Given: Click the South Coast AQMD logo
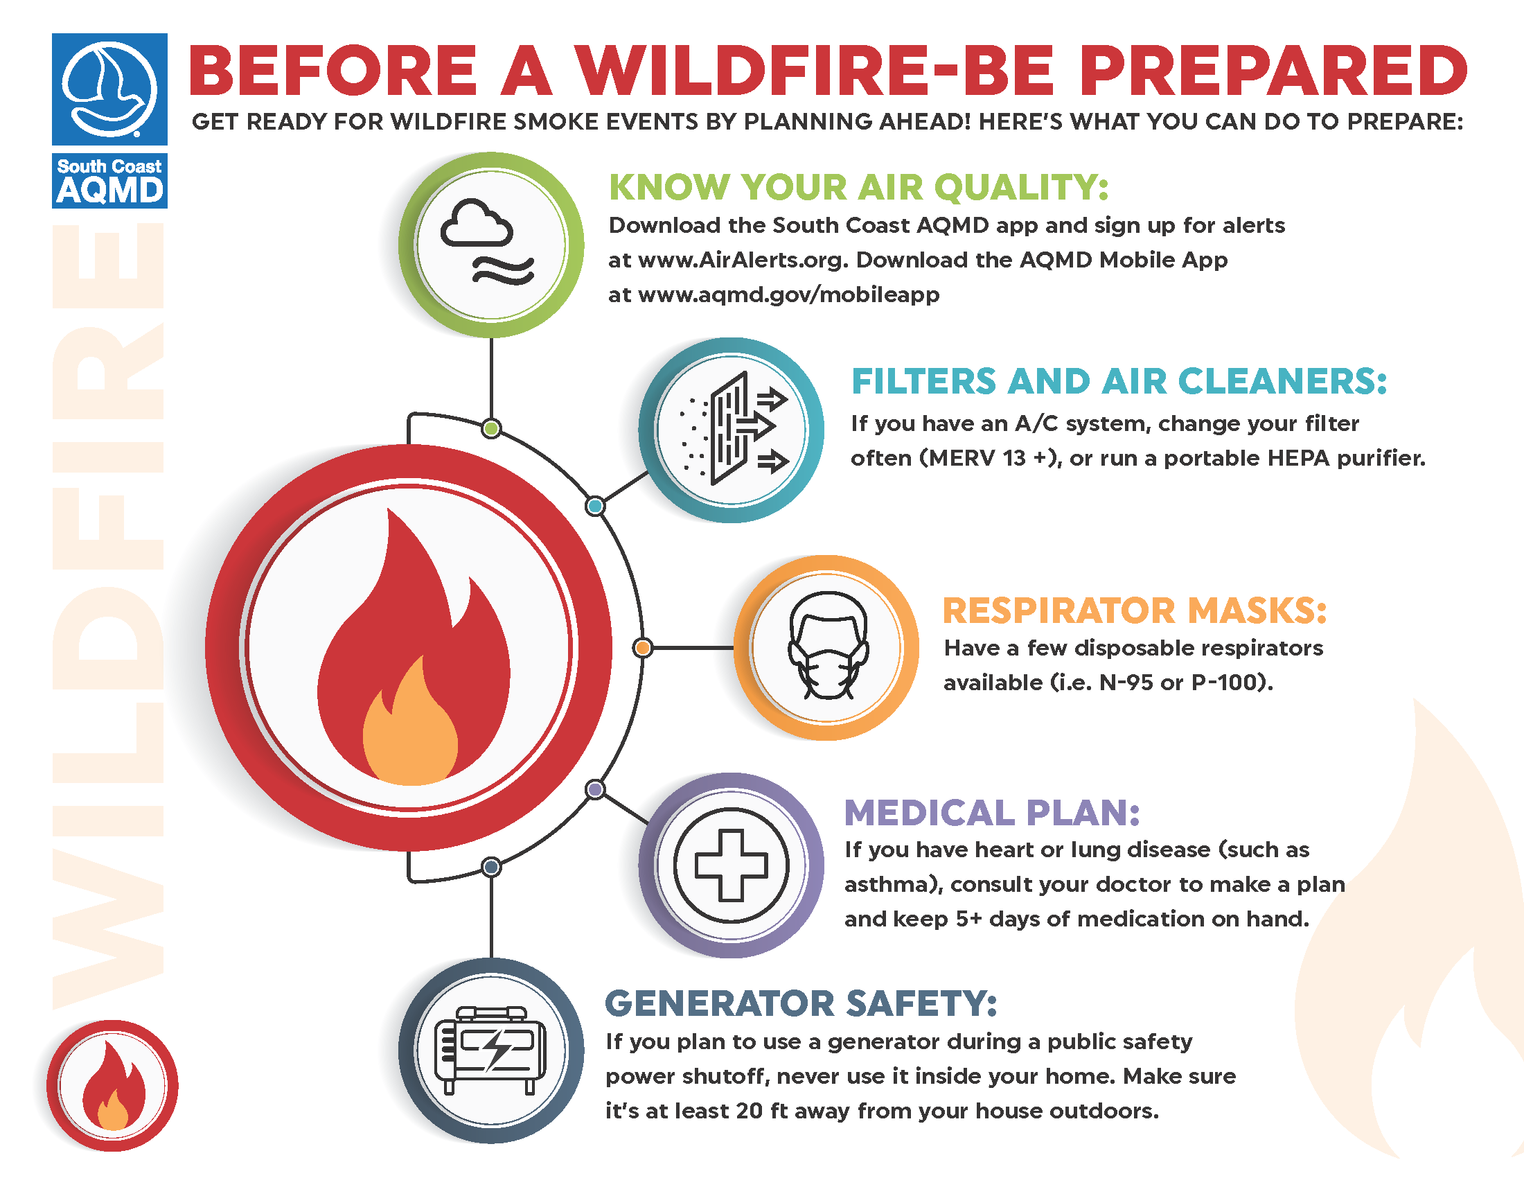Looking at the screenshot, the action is pyautogui.click(x=109, y=120).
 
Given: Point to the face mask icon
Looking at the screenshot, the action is pyautogui.click(x=829, y=646).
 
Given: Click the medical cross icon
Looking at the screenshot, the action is pyautogui.click(x=732, y=865).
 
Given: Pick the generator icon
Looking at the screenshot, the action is pyautogui.click(x=490, y=1050).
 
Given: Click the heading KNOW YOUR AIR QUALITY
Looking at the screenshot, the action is pyautogui.click(x=858, y=187).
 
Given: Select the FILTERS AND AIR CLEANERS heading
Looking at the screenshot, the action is pyautogui.click(x=1119, y=382).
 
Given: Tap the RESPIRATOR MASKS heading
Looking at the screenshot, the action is pyautogui.click(x=1135, y=610).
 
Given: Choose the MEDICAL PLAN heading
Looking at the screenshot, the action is pyautogui.click(x=991, y=813).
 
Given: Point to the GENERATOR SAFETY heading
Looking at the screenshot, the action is pyautogui.click(x=801, y=1003).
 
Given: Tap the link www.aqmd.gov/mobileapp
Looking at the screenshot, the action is pyautogui.click(x=788, y=295).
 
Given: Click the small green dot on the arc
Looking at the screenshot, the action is pyautogui.click(x=491, y=428).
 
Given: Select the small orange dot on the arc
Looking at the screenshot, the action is pyautogui.click(x=643, y=648).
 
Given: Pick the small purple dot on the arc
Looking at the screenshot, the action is pyautogui.click(x=595, y=789).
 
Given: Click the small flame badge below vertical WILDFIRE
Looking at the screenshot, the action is pyautogui.click(x=112, y=1085).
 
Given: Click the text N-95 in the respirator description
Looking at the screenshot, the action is pyautogui.click(x=1126, y=683).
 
